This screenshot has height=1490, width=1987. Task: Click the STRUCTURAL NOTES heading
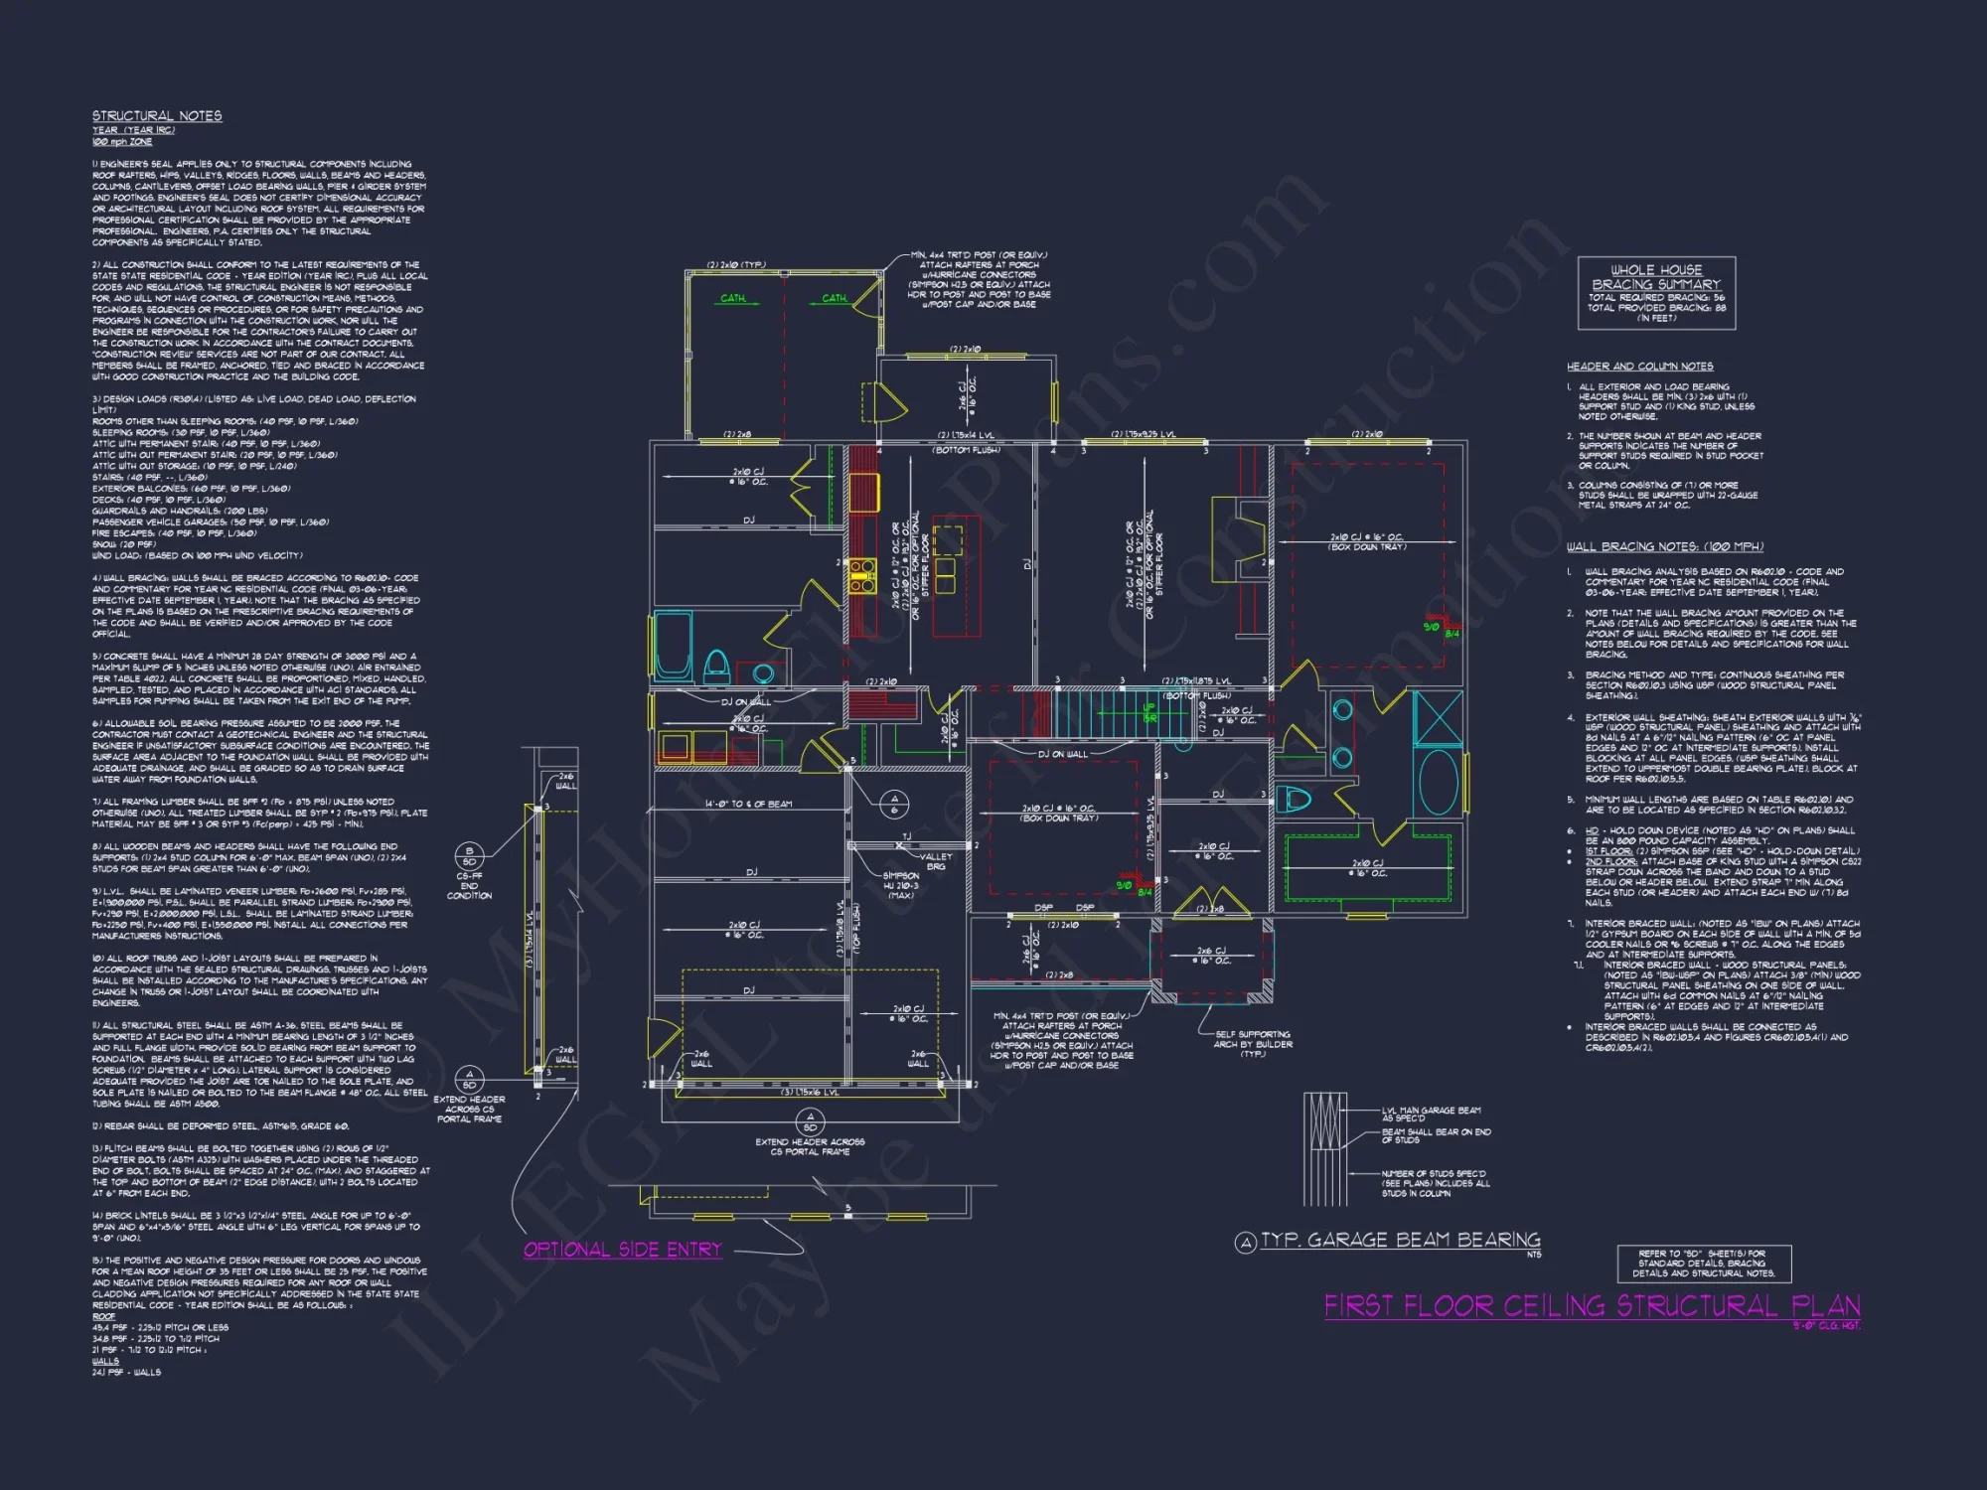tap(157, 116)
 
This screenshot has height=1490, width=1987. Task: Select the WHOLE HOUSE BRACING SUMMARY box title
tap(1656, 277)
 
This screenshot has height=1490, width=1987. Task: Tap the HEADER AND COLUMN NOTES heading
tap(1639, 367)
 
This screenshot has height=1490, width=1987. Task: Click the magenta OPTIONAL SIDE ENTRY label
tap(622, 1250)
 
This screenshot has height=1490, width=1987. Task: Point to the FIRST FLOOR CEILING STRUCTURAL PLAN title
tap(1592, 1306)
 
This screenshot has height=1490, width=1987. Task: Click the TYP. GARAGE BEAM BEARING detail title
tap(1400, 1240)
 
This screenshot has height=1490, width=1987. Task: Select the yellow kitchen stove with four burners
tap(861, 576)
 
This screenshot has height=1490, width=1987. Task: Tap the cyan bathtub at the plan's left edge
tap(674, 643)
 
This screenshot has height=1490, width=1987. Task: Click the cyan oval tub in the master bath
tap(1438, 783)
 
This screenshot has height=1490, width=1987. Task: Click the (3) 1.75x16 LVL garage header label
tap(809, 1092)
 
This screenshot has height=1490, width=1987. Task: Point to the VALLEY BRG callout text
tap(935, 861)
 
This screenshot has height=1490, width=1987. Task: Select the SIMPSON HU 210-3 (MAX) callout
tap(901, 885)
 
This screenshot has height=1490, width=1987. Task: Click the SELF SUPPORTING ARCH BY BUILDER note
tap(1253, 1044)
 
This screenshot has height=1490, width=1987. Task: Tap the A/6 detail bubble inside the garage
tap(894, 804)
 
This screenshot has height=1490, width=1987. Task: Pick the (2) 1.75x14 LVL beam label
tap(966, 435)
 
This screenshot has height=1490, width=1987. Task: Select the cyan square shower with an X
tap(1438, 718)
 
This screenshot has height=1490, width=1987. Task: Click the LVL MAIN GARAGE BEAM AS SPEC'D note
tap(1431, 1115)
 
